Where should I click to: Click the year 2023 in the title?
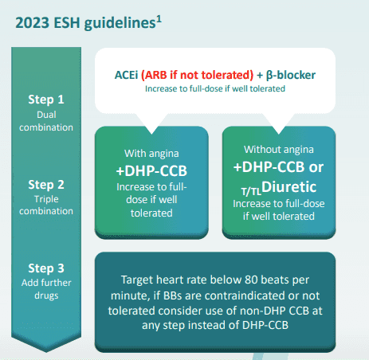click(33, 23)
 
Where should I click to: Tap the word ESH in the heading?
click(67, 23)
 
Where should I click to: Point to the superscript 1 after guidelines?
click(159, 20)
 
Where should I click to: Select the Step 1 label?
click(46, 100)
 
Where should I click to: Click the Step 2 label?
click(46, 185)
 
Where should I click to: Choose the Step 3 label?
click(46, 268)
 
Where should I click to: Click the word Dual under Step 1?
click(46, 115)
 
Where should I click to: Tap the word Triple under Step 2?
click(46, 199)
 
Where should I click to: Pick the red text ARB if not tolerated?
click(197, 75)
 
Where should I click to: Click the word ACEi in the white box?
click(126, 75)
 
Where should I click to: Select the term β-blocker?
click(291, 75)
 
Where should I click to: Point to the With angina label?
click(151, 154)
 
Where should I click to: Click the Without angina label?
click(279, 150)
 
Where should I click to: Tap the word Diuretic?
click(289, 187)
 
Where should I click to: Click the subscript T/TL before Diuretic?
click(251, 191)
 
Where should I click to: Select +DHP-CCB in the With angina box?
click(151, 170)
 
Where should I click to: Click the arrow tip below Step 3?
click(46, 352)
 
